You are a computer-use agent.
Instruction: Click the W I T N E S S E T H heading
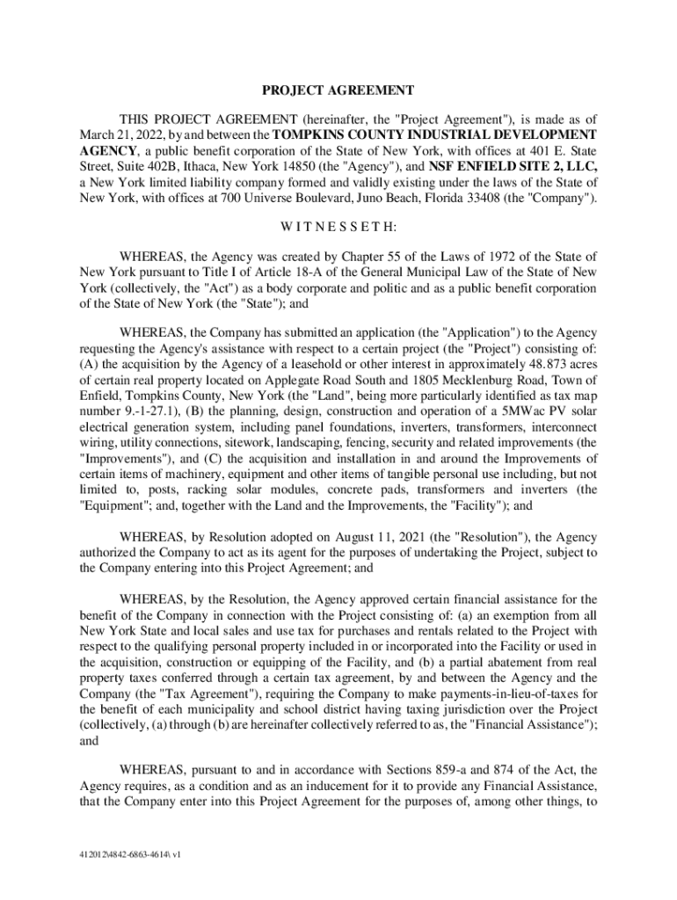tap(338, 228)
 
